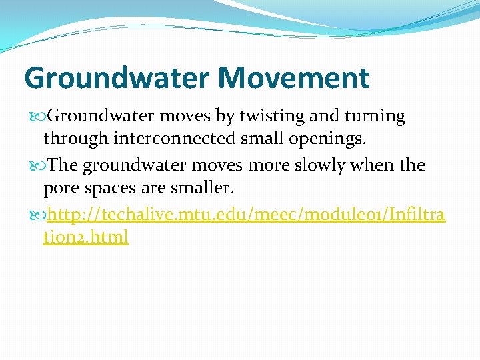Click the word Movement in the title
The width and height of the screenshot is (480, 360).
[293, 77]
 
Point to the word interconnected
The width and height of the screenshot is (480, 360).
[175, 139]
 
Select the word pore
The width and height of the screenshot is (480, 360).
[60, 188]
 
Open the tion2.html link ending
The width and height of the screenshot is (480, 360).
[85, 237]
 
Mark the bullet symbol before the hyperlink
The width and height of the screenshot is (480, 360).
[42, 214]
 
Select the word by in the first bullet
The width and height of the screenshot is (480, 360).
[223, 116]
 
